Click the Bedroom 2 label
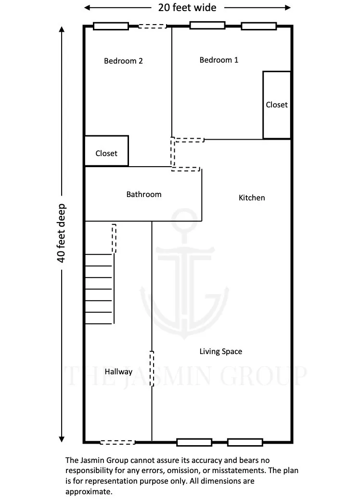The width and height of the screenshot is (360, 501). (x=123, y=61)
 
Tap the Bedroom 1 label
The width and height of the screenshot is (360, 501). (x=219, y=60)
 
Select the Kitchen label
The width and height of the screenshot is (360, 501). (x=252, y=198)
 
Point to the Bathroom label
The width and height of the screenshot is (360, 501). (x=144, y=195)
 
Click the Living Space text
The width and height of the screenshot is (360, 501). (x=220, y=352)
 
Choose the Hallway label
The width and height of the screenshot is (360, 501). (x=118, y=372)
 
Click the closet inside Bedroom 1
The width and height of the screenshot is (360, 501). (x=277, y=105)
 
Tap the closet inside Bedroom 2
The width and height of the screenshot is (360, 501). (x=106, y=153)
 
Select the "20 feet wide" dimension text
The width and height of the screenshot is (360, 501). (x=187, y=8)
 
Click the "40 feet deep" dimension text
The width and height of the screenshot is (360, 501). (x=62, y=233)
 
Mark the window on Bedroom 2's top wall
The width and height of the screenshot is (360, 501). (x=111, y=26)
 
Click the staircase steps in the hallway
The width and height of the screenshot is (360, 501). (x=99, y=289)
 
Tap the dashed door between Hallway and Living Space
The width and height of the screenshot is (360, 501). (x=152, y=369)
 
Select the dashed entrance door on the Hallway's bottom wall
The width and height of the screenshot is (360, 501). (x=117, y=442)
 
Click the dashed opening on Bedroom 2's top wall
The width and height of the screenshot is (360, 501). (x=153, y=26)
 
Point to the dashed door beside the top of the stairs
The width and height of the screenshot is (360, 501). (x=114, y=238)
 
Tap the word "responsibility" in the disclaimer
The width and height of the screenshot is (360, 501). (x=89, y=471)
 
